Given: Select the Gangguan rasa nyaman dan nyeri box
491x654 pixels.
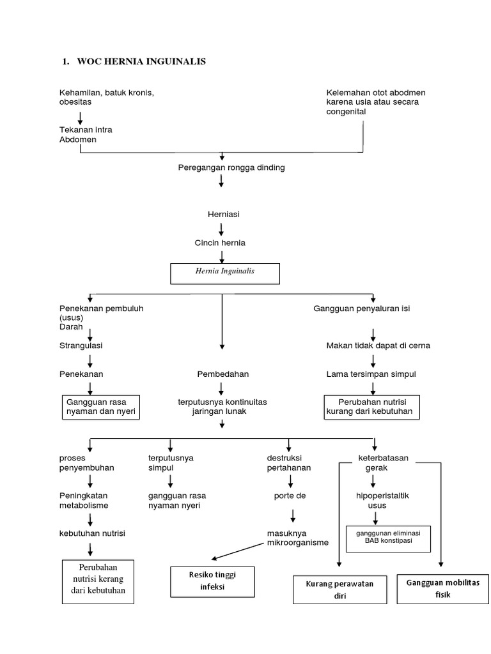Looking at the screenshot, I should point(100,407).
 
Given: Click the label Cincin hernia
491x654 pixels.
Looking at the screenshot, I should point(221,243).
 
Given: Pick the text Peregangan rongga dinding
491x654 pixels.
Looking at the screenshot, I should point(222,168).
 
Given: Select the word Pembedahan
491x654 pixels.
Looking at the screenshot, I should point(222,374).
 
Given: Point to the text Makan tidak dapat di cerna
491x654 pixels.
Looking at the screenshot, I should point(378,346).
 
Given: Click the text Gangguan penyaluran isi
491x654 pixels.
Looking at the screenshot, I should point(361,308).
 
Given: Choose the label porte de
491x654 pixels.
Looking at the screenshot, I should point(290,496).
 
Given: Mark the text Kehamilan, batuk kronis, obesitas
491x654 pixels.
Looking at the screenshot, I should point(107,97).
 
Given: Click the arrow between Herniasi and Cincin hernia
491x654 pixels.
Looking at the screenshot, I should point(221,229).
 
